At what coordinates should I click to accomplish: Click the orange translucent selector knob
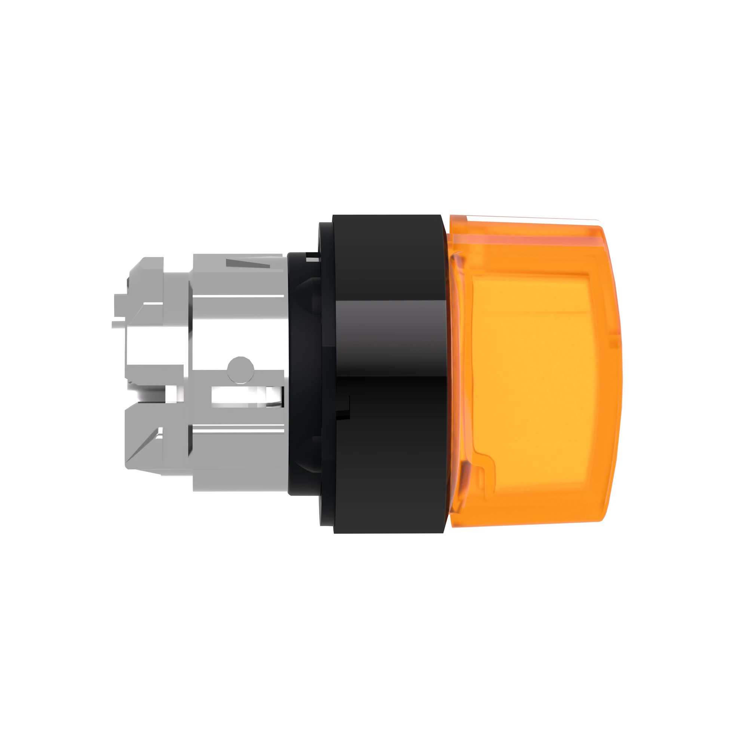tap(534, 372)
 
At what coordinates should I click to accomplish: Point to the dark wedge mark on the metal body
tap(248, 264)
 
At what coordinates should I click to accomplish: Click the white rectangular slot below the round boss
tap(236, 397)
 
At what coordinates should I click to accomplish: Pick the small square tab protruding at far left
tap(120, 300)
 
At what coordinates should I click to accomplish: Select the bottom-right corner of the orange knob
tap(600, 519)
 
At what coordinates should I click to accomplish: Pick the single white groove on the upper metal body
tap(238, 296)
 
